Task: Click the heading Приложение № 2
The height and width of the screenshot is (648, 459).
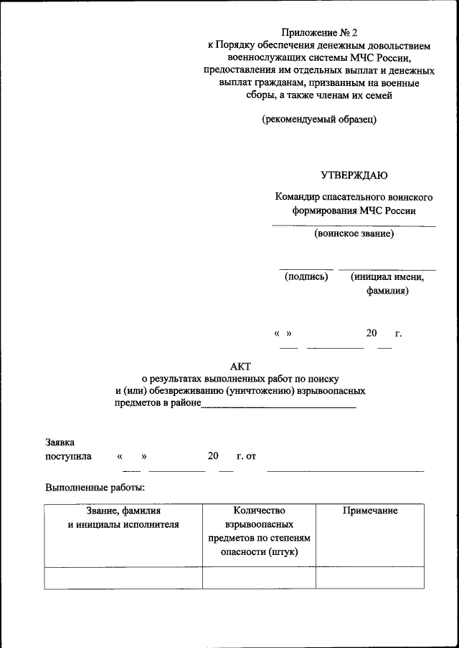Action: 318,32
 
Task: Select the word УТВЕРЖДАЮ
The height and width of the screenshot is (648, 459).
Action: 354,175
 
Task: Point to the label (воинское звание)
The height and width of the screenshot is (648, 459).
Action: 354,233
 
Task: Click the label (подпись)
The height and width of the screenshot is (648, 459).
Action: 306,276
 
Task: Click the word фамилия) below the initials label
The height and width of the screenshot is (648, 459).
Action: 387,291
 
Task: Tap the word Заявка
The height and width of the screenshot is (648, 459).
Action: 60,443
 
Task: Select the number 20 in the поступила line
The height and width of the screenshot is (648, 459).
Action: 212,455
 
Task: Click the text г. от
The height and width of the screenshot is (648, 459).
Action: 246,455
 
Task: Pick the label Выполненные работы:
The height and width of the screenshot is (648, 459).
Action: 95,488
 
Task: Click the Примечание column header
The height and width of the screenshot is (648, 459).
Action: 370,511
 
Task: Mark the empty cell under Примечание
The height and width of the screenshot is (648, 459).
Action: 370,577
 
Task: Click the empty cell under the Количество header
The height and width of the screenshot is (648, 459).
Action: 259,577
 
